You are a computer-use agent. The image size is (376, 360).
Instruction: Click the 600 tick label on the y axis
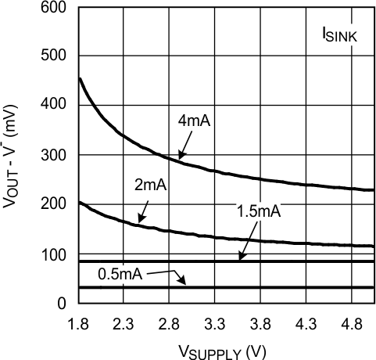point(57,9)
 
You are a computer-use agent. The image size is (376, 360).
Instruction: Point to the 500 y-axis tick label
point(57,56)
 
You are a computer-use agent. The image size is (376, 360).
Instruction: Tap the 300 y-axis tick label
point(57,156)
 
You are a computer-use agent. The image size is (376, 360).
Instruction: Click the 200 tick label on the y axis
point(57,205)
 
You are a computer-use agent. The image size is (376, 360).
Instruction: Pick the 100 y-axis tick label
point(57,254)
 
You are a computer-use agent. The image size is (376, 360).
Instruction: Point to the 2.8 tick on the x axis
point(170,322)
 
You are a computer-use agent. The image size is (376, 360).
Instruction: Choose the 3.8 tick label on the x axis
point(262,322)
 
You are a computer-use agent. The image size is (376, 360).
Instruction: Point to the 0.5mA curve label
point(122,274)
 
